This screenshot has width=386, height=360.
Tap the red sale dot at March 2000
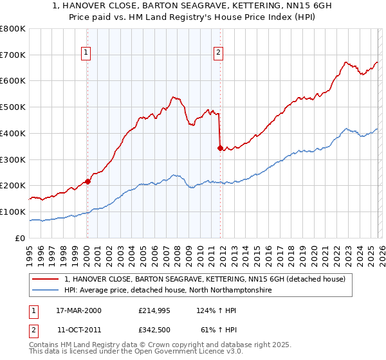(x=88, y=181)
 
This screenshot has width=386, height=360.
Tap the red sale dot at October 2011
(x=220, y=148)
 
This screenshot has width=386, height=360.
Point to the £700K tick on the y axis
(x=14, y=55)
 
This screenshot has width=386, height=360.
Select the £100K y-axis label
(x=14, y=212)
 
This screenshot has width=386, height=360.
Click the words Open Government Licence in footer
(x=193, y=354)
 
